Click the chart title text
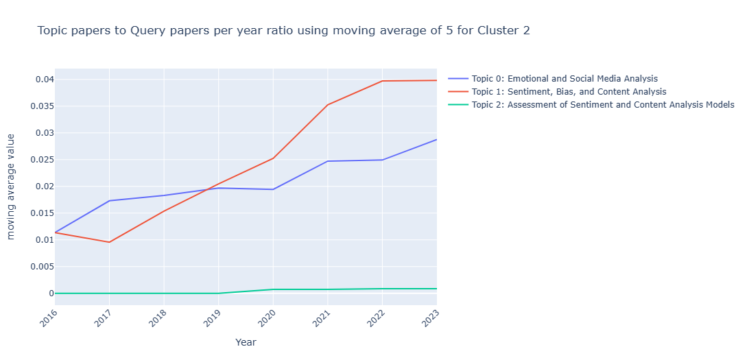click(x=283, y=31)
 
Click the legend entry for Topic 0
click(x=560, y=79)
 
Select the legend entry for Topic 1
click(x=564, y=92)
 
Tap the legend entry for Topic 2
click(x=598, y=105)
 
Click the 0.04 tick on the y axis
click(x=40, y=80)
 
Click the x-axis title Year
click(x=246, y=342)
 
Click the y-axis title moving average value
click(x=11, y=187)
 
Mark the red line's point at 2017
click(x=109, y=242)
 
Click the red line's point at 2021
click(x=327, y=105)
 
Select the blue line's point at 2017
click(x=109, y=201)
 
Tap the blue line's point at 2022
click(x=382, y=160)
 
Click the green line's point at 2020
click(x=273, y=289)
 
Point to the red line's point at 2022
click(x=382, y=81)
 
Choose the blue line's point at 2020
click(x=273, y=189)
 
